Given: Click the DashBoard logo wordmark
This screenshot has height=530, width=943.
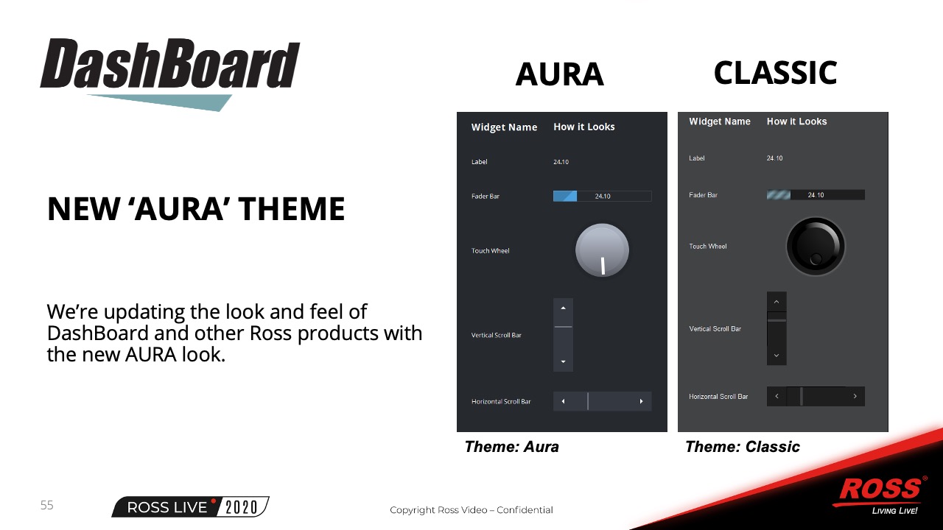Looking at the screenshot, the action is pyautogui.click(x=170, y=63).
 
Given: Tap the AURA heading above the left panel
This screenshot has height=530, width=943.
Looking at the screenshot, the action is pyautogui.click(x=559, y=74).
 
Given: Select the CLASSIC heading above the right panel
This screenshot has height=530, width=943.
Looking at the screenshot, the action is pyautogui.click(x=776, y=72).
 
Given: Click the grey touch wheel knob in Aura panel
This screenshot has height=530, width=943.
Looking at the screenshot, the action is pyautogui.click(x=602, y=250).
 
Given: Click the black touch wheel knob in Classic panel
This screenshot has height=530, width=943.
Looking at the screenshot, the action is pyautogui.click(x=816, y=246).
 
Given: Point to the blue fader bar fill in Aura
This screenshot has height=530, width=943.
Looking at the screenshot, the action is pyautogui.click(x=565, y=196).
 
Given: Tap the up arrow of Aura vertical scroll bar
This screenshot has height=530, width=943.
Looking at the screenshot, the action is pyautogui.click(x=564, y=308).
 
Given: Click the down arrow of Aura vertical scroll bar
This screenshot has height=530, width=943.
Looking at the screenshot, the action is pyautogui.click(x=564, y=361).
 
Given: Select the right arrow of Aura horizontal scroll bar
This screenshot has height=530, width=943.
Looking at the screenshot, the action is pyautogui.click(x=641, y=401).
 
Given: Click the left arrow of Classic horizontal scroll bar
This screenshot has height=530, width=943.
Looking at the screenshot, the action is pyautogui.click(x=777, y=396).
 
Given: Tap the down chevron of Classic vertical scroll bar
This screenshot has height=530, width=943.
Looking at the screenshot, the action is pyautogui.click(x=777, y=356).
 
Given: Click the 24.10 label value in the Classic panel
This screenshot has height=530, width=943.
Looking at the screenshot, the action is pyautogui.click(x=774, y=158).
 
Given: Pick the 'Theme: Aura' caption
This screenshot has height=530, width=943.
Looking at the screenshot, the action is pyautogui.click(x=511, y=447).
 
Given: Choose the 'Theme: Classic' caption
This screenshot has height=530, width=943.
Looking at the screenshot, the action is pyautogui.click(x=743, y=447).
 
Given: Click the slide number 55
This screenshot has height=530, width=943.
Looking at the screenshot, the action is pyautogui.click(x=46, y=505).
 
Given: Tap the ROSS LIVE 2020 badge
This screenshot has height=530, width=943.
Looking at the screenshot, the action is pyautogui.click(x=190, y=507).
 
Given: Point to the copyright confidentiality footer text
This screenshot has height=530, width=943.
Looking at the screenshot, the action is pyautogui.click(x=471, y=510).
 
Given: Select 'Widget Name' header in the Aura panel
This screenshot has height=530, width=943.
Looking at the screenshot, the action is pyautogui.click(x=505, y=127).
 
